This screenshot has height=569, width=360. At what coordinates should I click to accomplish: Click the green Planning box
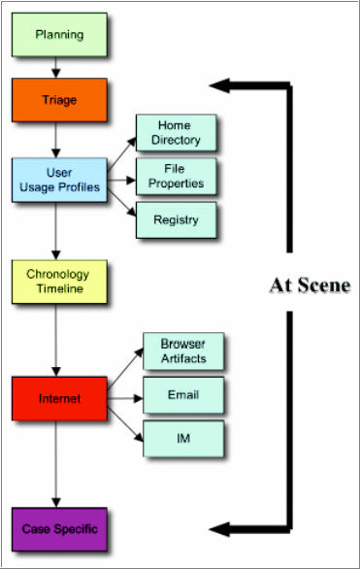58,35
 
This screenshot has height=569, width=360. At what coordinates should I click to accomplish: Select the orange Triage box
58,99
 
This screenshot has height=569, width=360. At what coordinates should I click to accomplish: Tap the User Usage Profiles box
58,180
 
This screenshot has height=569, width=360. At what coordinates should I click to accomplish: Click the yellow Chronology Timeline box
58,281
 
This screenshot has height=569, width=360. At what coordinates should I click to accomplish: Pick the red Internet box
58,398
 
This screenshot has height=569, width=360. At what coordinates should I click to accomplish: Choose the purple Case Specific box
58,529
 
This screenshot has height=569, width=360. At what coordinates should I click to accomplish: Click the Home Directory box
176,133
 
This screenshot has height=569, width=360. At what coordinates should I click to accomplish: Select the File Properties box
176,176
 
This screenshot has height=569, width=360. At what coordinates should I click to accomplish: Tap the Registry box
176,219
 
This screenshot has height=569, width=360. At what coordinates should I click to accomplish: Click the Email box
182,395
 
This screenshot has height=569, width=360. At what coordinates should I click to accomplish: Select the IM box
182,438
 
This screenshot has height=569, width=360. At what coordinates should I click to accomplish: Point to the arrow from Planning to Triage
58,67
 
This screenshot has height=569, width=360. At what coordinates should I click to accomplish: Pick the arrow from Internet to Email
124,397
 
